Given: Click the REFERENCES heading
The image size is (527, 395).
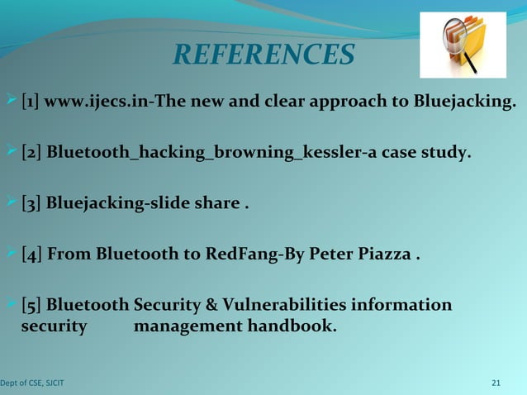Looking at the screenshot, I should (x=263, y=55).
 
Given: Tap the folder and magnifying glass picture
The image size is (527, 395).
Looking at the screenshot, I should (x=463, y=45).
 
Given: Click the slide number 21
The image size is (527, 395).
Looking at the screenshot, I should (x=496, y=383).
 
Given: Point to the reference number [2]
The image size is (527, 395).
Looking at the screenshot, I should (x=31, y=153).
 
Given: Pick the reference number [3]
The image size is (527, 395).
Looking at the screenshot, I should (x=31, y=203).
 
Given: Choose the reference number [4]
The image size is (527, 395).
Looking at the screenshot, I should (x=31, y=254).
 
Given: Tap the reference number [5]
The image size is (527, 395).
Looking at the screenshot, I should (x=31, y=305).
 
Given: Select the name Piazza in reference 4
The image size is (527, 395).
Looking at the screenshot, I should (x=385, y=254).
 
